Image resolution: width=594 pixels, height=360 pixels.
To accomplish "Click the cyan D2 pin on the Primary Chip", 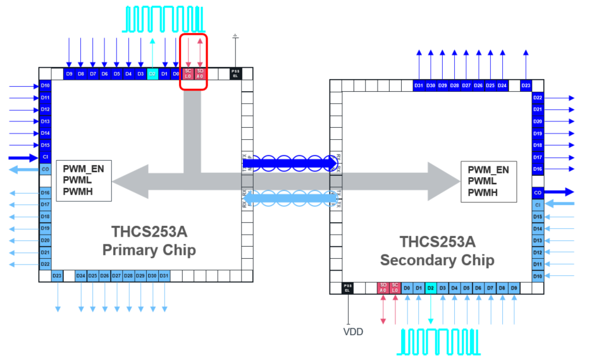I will pos(152,74).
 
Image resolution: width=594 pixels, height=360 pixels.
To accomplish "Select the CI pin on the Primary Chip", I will pos(45,157).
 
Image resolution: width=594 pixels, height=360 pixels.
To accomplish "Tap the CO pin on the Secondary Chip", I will pos(538,192).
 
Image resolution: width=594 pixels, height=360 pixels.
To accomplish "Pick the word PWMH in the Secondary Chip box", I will pos(483,192).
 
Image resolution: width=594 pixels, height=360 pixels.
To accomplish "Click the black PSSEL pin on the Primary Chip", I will pos(235,74).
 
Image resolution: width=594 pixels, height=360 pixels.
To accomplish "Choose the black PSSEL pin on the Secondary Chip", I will pos(347,288).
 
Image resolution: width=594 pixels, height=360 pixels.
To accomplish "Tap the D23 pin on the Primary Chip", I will pos(57,276).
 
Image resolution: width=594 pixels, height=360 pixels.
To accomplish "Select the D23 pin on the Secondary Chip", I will pos(526,85).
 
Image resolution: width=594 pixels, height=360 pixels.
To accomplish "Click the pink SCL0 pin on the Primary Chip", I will pos(188,74).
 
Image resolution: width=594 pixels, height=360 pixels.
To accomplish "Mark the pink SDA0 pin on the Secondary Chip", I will pos(383,288).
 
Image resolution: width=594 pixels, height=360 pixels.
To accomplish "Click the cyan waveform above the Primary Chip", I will pos(164,19).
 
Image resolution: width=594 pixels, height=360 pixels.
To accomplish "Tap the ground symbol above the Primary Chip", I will pos(235,36).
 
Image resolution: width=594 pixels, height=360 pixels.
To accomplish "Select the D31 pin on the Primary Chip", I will pos(164,276).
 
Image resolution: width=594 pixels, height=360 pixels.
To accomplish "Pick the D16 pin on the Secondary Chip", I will pos(538,169).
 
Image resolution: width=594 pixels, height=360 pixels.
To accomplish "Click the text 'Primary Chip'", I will pos(149,250).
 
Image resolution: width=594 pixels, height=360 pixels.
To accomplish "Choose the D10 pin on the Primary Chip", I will pos(45,85).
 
